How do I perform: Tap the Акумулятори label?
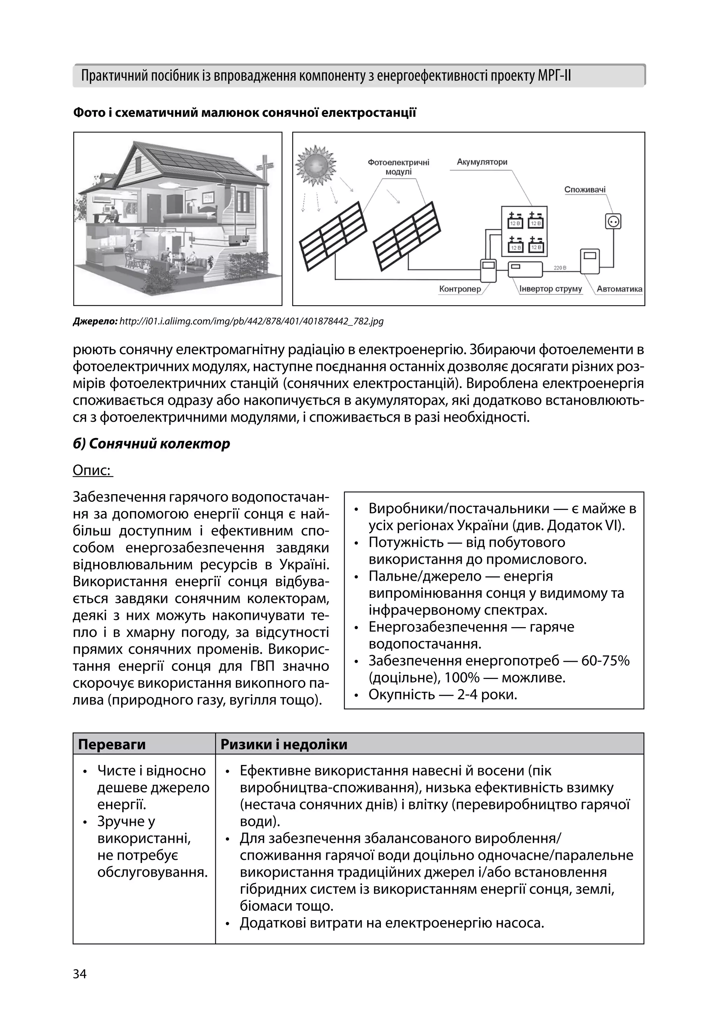482,162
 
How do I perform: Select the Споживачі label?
585,190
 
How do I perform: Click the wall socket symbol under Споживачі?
613,221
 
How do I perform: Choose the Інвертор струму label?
550,289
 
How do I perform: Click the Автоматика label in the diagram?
619,289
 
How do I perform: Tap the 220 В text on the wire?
561,268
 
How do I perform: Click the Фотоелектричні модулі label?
398,167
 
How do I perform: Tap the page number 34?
80,974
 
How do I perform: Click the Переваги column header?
112,745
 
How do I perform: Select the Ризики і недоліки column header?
284,745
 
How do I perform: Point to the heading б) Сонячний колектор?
151,444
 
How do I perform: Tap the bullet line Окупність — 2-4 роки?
442,695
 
